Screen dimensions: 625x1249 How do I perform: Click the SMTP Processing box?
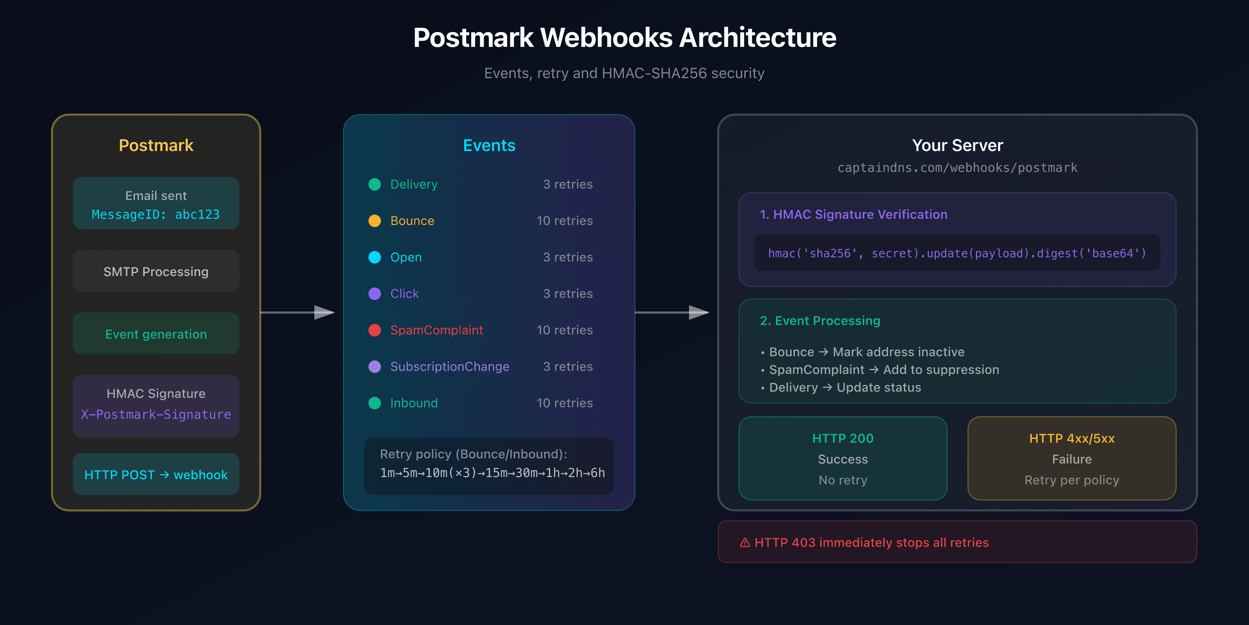[156, 271]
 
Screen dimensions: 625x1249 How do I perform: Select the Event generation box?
[156, 334]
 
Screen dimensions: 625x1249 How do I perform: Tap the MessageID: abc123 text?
[156, 215]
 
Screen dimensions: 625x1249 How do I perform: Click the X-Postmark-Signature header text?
[156, 414]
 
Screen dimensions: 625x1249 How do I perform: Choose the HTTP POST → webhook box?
[156, 475]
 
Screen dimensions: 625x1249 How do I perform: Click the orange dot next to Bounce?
[374, 221]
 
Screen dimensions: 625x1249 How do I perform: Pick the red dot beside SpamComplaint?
[374, 330]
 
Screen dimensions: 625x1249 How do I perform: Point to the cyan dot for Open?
[374, 257]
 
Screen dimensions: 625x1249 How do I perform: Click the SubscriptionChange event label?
[449, 366]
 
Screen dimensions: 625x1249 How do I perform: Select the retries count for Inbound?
[564, 403]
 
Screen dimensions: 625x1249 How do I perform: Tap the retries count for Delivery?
[567, 184]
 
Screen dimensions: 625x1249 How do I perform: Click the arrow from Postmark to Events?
[298, 312]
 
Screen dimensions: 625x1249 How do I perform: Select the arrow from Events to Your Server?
[672, 312]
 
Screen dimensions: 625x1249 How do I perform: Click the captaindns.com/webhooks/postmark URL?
[957, 168]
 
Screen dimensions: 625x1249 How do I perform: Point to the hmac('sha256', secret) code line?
[957, 253]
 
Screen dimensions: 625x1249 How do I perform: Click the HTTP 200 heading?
[843, 438]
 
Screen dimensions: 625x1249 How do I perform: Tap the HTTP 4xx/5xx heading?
[1072, 438]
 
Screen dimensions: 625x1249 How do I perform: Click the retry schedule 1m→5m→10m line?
[492, 473]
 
